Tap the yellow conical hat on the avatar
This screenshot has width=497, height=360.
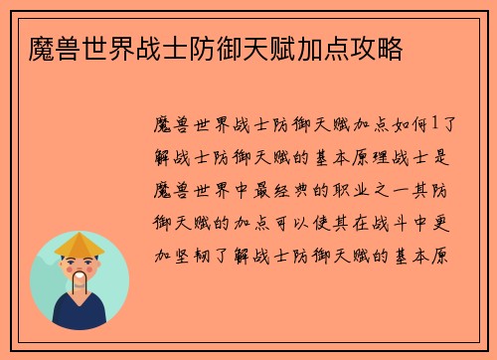click(80, 245)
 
